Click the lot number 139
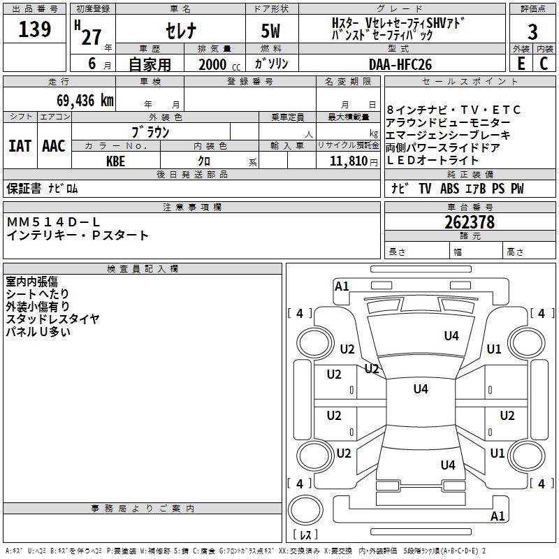[34, 29]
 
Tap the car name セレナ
[181, 30]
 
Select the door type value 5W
[270, 31]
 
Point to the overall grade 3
[532, 32]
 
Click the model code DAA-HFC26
[400, 64]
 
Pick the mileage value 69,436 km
[85, 100]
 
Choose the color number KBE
[115, 161]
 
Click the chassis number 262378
[470, 222]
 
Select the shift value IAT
[20, 146]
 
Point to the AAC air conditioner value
[54, 146]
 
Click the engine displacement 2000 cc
[219, 64]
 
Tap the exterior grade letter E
[521, 64]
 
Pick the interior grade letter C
[544, 64]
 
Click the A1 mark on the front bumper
[342, 286]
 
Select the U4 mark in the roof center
[421, 389]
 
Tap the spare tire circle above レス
[305, 509]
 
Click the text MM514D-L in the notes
[53, 222]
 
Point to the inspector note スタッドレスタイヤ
[52, 319]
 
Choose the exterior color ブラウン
[151, 132]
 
